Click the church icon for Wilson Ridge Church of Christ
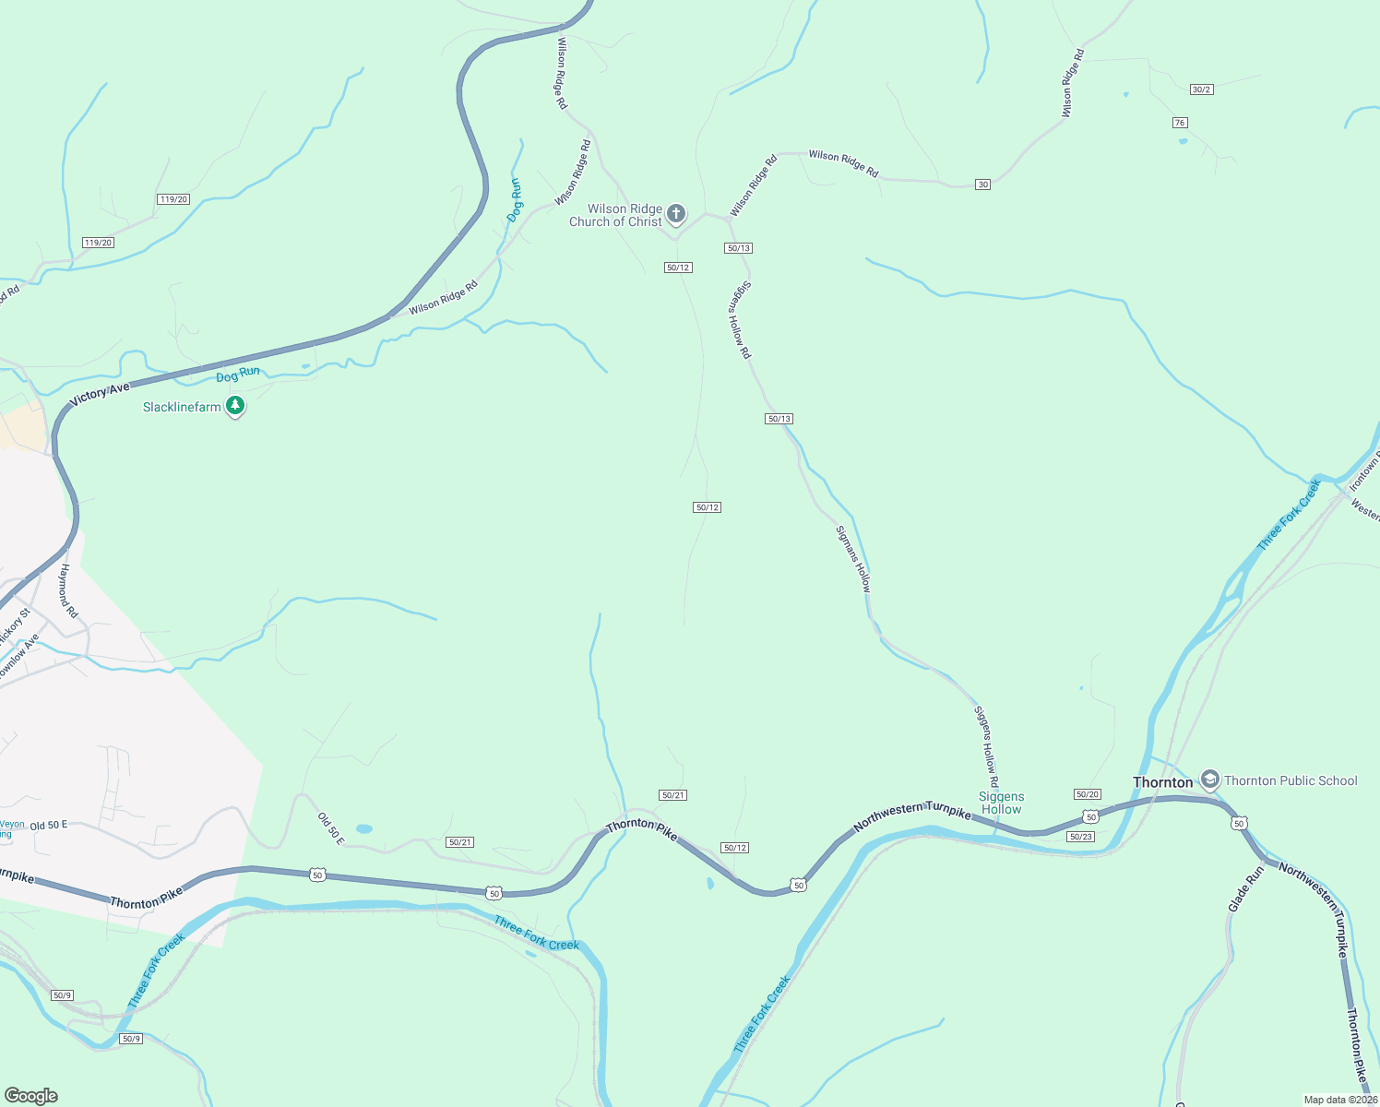(676, 215)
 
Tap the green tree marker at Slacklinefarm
(235, 406)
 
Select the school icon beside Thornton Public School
(1210, 780)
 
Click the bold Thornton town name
(1162, 782)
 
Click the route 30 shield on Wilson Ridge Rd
(983, 184)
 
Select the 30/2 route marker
(1201, 89)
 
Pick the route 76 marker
(1180, 123)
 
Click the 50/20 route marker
(1088, 794)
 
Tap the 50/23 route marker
(1080, 837)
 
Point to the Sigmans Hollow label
(853, 559)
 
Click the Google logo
(31, 1096)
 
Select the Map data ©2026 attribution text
(1340, 1100)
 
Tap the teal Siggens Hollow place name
(1001, 803)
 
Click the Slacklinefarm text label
(182, 407)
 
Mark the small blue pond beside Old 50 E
(364, 829)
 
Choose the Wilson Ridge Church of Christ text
(616, 215)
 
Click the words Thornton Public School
(1291, 780)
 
